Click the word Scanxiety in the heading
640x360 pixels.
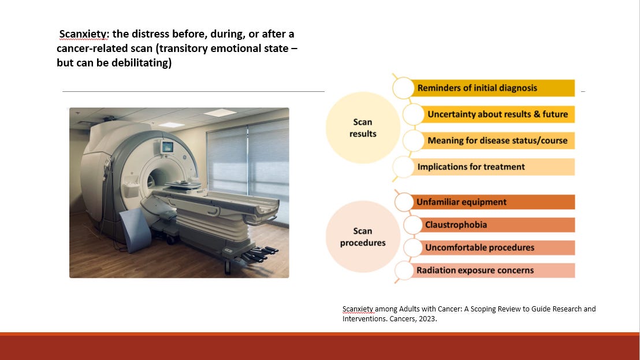pyautogui.click(x=84, y=34)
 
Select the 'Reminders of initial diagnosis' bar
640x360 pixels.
pyautogui.click(x=491, y=88)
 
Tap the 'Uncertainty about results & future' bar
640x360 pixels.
pyautogui.click(x=497, y=114)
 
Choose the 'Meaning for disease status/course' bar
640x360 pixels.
pyautogui.click(x=497, y=140)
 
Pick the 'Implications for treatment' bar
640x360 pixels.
pyautogui.click(x=491, y=167)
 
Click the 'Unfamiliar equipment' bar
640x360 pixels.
pyautogui.click(x=491, y=202)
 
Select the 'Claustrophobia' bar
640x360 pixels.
pyautogui.click(x=497, y=225)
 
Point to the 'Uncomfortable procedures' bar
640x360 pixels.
pyautogui.click(x=497, y=247)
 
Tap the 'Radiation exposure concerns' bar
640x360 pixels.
pyautogui.click(x=491, y=270)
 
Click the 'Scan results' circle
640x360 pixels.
pyautogui.click(x=363, y=128)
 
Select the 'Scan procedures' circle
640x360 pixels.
pyautogui.click(x=363, y=237)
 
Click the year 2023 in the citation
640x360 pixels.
pyautogui.click(x=427, y=318)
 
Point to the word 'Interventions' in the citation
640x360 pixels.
pyautogui.click(x=362, y=318)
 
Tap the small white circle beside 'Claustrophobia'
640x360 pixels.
pyautogui.click(x=413, y=225)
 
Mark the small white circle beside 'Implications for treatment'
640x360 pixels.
pyautogui.click(x=403, y=167)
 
